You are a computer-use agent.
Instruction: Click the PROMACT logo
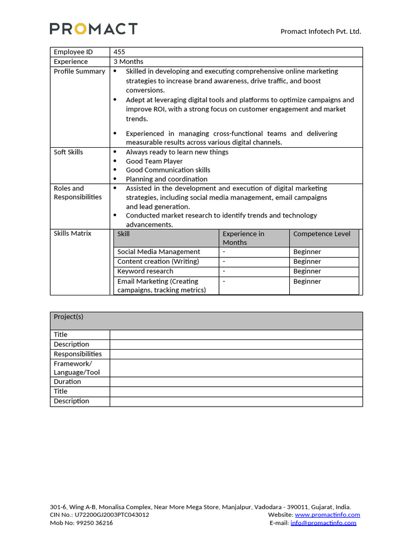click(x=94, y=29)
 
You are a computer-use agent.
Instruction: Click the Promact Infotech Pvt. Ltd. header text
click(x=321, y=31)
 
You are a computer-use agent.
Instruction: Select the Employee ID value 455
click(x=119, y=52)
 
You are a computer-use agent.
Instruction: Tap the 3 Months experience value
click(x=128, y=62)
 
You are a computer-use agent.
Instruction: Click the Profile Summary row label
click(x=79, y=71)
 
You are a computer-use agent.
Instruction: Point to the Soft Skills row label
click(x=68, y=152)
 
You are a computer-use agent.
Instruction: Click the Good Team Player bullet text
click(x=154, y=161)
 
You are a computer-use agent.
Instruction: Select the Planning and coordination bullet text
click(x=166, y=179)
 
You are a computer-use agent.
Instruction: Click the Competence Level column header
click(x=322, y=234)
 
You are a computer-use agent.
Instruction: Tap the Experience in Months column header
click(x=243, y=238)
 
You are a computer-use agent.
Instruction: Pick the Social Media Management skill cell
click(x=158, y=252)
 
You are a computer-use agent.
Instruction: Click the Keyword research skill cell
click(x=145, y=271)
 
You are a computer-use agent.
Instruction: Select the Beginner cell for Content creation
click(x=307, y=262)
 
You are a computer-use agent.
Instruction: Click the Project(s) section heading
click(x=68, y=317)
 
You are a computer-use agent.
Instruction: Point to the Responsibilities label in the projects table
click(x=77, y=354)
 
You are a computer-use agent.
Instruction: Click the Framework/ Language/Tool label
click(x=76, y=368)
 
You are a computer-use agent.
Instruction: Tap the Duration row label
click(x=67, y=382)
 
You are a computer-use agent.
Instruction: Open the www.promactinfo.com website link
click(x=327, y=515)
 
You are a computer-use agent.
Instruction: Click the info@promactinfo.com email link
click(x=323, y=523)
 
